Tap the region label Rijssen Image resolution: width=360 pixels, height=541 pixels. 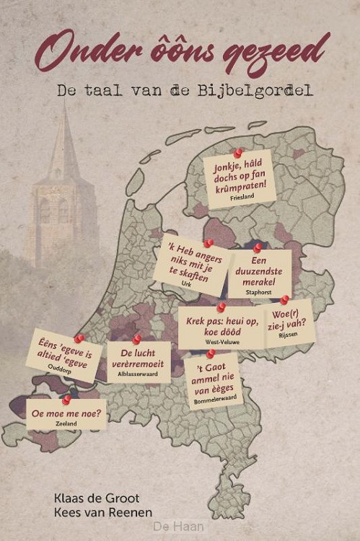point(287,334)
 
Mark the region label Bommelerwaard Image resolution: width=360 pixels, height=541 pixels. point(214,400)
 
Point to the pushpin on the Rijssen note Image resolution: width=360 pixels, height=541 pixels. point(284,299)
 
